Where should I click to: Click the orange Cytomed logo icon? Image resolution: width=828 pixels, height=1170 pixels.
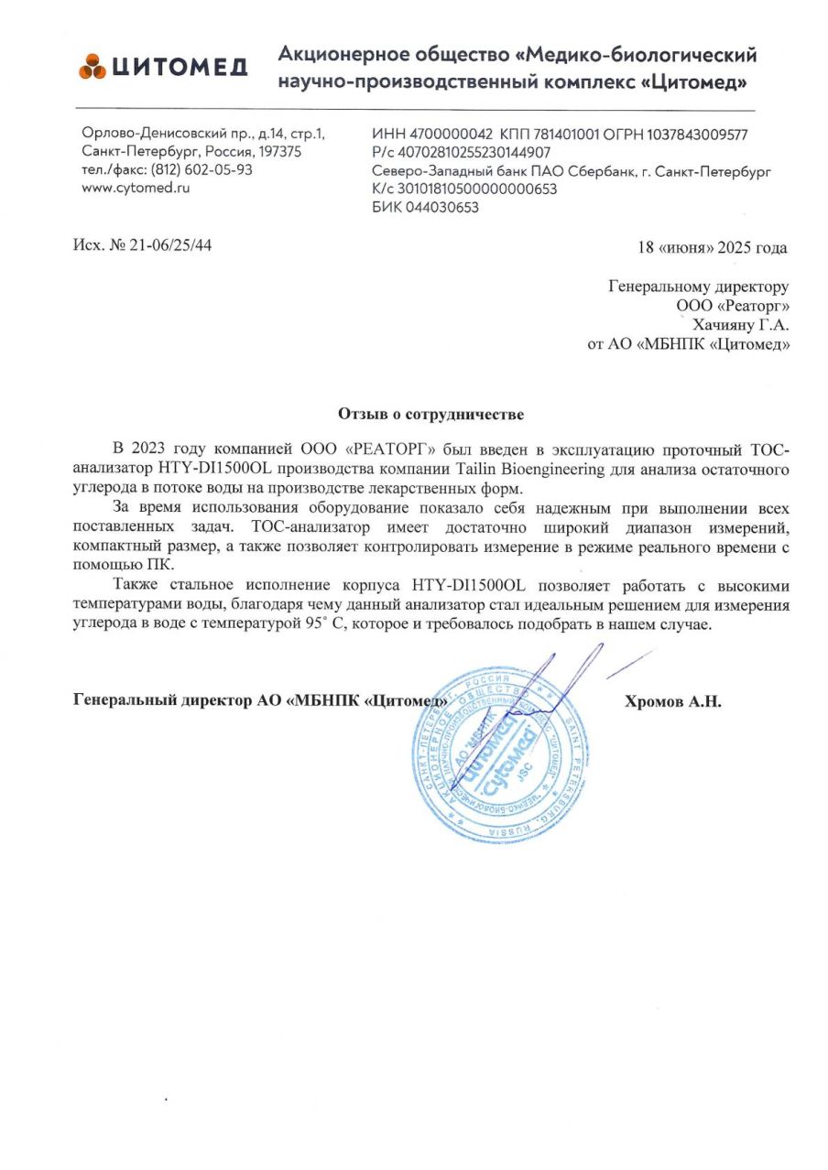point(93,66)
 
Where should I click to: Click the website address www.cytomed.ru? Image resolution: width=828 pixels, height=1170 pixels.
point(135,188)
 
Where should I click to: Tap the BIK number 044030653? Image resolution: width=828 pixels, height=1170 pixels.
point(441,207)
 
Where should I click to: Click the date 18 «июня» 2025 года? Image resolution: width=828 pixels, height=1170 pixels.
point(712,247)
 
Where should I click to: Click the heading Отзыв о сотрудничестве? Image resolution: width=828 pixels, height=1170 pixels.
point(430,415)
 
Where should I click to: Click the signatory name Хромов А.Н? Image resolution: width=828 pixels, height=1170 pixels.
point(672,702)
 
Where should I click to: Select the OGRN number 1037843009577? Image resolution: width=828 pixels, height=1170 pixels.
point(697,135)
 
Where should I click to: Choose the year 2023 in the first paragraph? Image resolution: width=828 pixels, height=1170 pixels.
point(152,449)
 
